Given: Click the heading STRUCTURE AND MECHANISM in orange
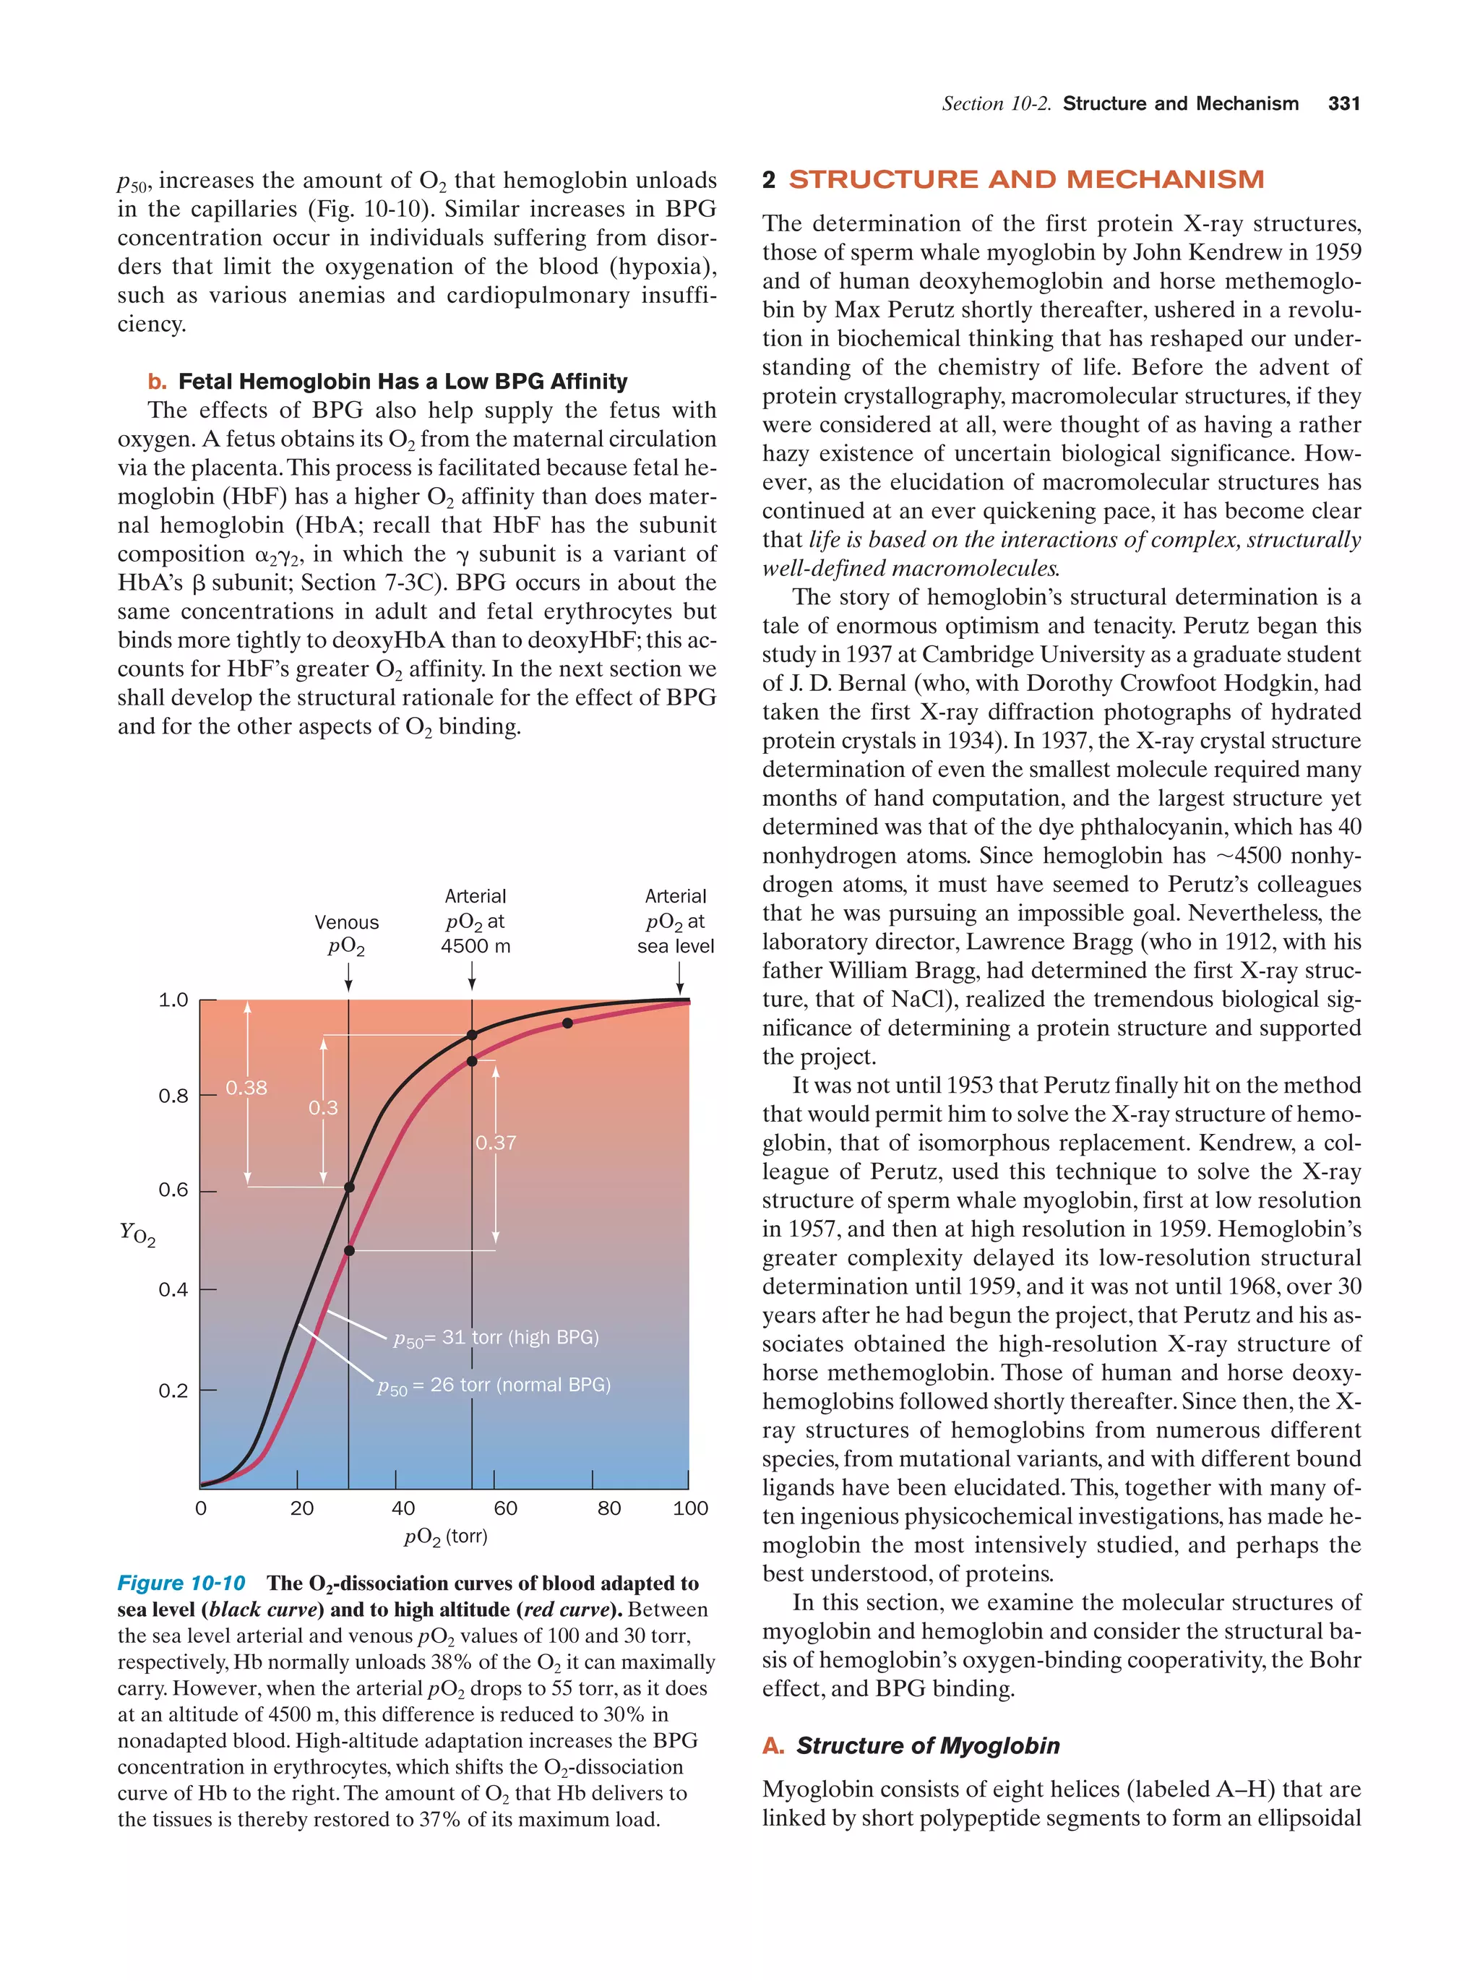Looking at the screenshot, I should pyautogui.click(x=1025, y=179).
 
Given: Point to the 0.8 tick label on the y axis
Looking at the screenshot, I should pyautogui.click(x=173, y=1095).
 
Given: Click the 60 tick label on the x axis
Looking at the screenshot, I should pyautogui.click(x=505, y=1508).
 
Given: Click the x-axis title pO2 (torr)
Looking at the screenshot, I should pyautogui.click(x=445, y=1537).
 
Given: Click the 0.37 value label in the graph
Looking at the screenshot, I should pyautogui.click(x=495, y=1143).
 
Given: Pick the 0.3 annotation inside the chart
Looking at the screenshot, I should pyautogui.click(x=323, y=1108).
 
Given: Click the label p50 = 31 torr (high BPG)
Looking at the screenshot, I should pyautogui.click(x=496, y=1338).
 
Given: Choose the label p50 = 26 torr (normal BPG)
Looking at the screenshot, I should pyautogui.click(x=494, y=1385).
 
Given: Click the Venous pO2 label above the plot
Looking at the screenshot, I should pyautogui.click(x=346, y=934).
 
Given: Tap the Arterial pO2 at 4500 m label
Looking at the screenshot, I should pyautogui.click(x=475, y=921).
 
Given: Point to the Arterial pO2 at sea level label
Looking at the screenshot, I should pyautogui.click(x=675, y=921).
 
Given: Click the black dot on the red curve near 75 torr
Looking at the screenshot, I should pyautogui.click(x=567, y=1023).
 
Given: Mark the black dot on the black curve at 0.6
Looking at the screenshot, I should pyautogui.click(x=349, y=1187).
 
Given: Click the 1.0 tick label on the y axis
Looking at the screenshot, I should pyautogui.click(x=173, y=1000).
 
